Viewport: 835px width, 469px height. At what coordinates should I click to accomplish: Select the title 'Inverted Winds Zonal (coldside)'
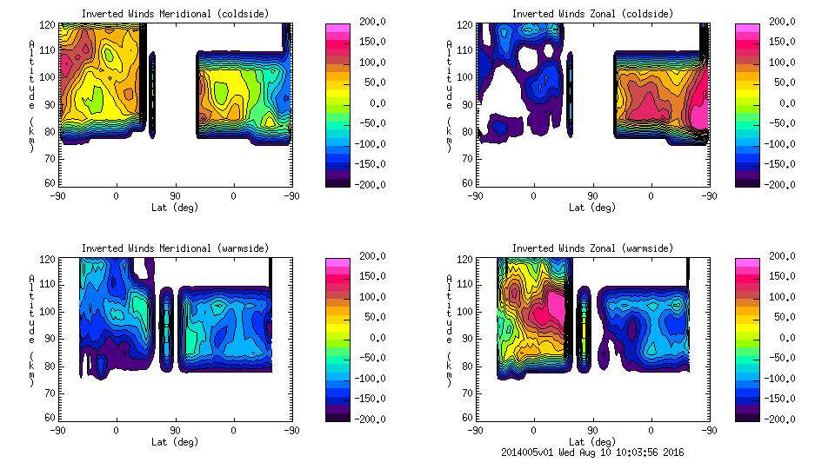pyautogui.click(x=592, y=14)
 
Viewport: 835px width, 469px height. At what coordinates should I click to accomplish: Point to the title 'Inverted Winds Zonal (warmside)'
pyautogui.click(x=592, y=248)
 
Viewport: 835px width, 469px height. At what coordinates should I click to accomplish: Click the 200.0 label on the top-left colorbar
pyautogui.click(x=374, y=21)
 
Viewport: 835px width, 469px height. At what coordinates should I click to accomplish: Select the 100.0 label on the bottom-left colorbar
pyautogui.click(x=374, y=296)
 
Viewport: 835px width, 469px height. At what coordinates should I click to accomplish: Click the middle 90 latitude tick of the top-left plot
pyautogui.click(x=175, y=195)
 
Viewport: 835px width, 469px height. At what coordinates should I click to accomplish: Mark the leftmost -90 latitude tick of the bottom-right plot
pyautogui.click(x=475, y=430)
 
